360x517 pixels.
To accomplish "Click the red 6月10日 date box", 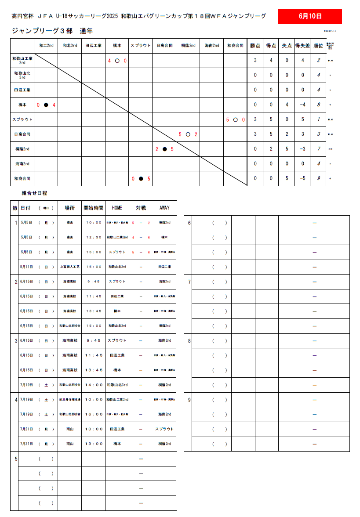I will pos(310,17).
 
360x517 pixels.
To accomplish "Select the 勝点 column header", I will pos(255,46).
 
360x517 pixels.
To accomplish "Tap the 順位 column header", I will pos(318,46).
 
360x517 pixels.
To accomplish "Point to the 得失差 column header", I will pos(302,46).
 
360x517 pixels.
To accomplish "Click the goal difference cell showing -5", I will pos(302,179).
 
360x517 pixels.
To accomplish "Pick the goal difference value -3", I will pos(302,149).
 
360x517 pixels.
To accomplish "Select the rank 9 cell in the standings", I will pos(318,179).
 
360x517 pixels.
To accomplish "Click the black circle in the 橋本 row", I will pos(46,105).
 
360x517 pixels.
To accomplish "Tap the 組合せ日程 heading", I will pos(34,193).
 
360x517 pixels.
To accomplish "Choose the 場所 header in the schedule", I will pos(69,208).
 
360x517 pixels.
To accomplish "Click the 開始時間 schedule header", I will pos(93,208).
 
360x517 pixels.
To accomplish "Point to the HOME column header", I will pos(117,208).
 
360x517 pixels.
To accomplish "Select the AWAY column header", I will pos(164,208).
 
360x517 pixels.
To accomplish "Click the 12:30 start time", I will pos(93,237).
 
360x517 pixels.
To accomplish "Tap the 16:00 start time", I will pos(93,414).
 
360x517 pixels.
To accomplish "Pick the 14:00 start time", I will pos(93,385).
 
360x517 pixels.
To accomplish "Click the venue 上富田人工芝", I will pos(69,267).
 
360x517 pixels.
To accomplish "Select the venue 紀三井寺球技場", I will pos(69,400).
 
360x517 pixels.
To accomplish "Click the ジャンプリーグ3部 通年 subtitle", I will pos(52,31).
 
